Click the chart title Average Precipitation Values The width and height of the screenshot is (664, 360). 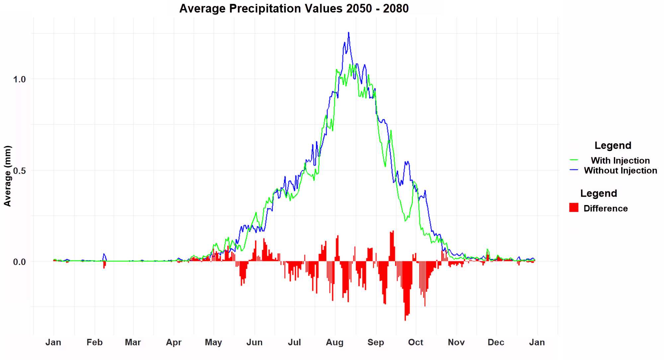pyautogui.click(x=294, y=8)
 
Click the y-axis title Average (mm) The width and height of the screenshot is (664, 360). pyautogui.click(x=8, y=176)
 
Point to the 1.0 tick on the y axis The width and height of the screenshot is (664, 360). pyautogui.click(x=19, y=79)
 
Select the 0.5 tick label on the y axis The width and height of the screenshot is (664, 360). pyautogui.click(x=19, y=171)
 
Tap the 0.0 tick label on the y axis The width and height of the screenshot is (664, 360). pyautogui.click(x=19, y=262)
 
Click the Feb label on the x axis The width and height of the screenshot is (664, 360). pyautogui.click(x=95, y=342)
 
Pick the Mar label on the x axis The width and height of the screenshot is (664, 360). pyautogui.click(x=133, y=342)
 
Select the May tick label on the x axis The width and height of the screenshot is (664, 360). pyautogui.click(x=213, y=342)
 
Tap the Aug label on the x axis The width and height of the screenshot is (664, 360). pyautogui.click(x=335, y=342)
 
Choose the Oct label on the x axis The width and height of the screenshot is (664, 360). pyautogui.click(x=416, y=342)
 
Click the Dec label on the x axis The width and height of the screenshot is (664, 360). pyautogui.click(x=496, y=342)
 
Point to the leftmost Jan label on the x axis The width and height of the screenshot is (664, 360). pyautogui.click(x=53, y=342)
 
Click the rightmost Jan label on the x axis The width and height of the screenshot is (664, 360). pyautogui.click(x=537, y=342)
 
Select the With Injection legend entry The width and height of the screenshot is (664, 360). pyautogui.click(x=620, y=161)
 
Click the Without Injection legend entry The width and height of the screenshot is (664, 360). pyautogui.click(x=621, y=171)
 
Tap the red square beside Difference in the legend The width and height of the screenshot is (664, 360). pyautogui.click(x=574, y=208)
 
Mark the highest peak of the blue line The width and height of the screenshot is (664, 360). pyautogui.click(x=348, y=33)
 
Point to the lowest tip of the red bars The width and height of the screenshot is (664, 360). pyautogui.click(x=405, y=320)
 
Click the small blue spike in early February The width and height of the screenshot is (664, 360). pyautogui.click(x=104, y=254)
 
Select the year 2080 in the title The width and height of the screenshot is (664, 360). pyautogui.click(x=396, y=8)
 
